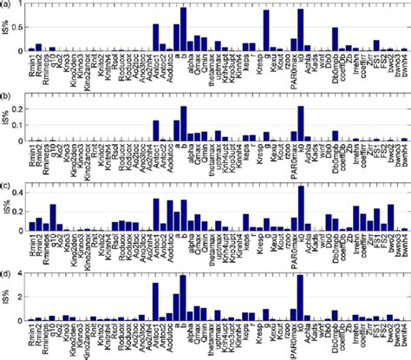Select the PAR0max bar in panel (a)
click(x=301, y=30)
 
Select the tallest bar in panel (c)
click(x=301, y=208)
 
